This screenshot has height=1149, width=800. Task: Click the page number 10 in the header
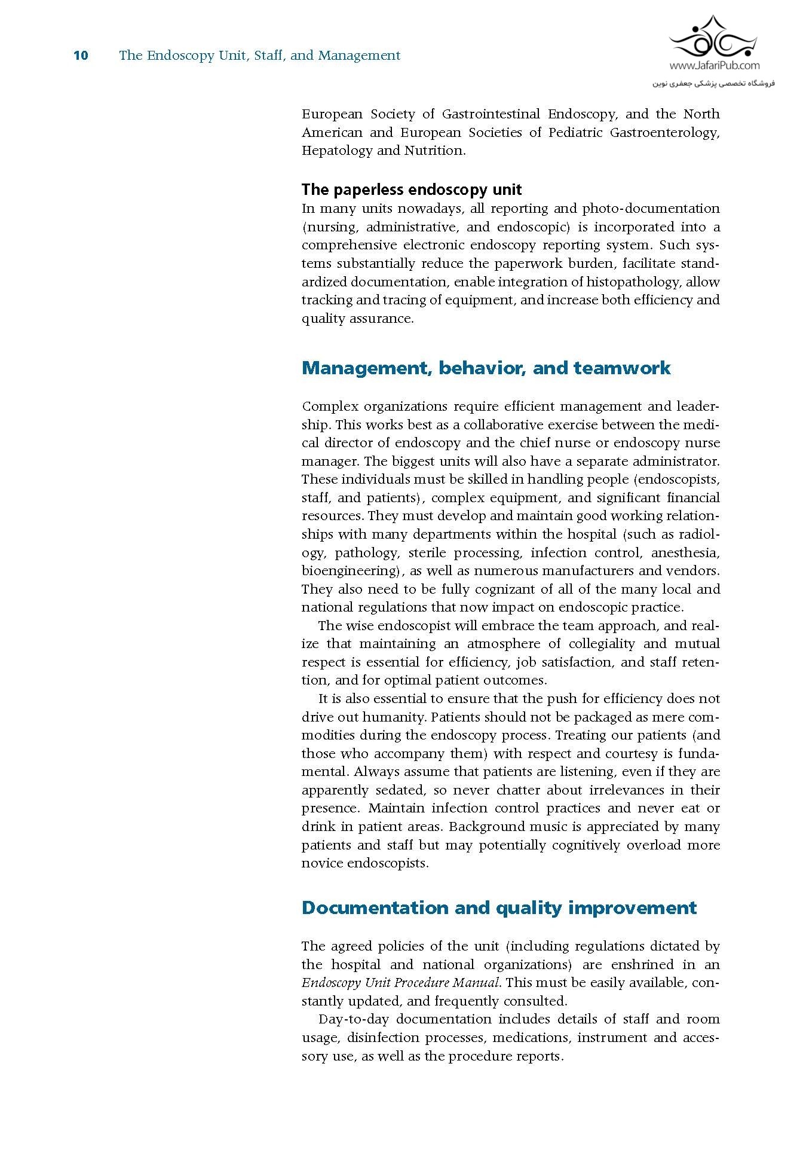click(x=81, y=56)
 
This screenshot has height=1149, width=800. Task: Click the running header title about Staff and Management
click(x=259, y=56)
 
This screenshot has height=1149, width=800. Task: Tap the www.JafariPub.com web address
click(x=715, y=66)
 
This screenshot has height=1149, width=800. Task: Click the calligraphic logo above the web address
click(x=713, y=36)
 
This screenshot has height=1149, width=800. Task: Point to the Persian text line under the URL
click(x=713, y=83)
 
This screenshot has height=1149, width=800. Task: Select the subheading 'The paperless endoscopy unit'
click(x=412, y=190)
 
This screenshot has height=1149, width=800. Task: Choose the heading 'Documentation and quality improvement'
click(x=499, y=907)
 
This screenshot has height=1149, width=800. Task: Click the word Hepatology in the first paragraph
click(x=336, y=151)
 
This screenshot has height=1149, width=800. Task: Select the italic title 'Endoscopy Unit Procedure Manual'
click(x=400, y=983)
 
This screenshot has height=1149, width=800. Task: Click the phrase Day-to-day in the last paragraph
click(x=353, y=1019)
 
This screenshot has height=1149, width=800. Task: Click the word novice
click(x=322, y=863)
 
